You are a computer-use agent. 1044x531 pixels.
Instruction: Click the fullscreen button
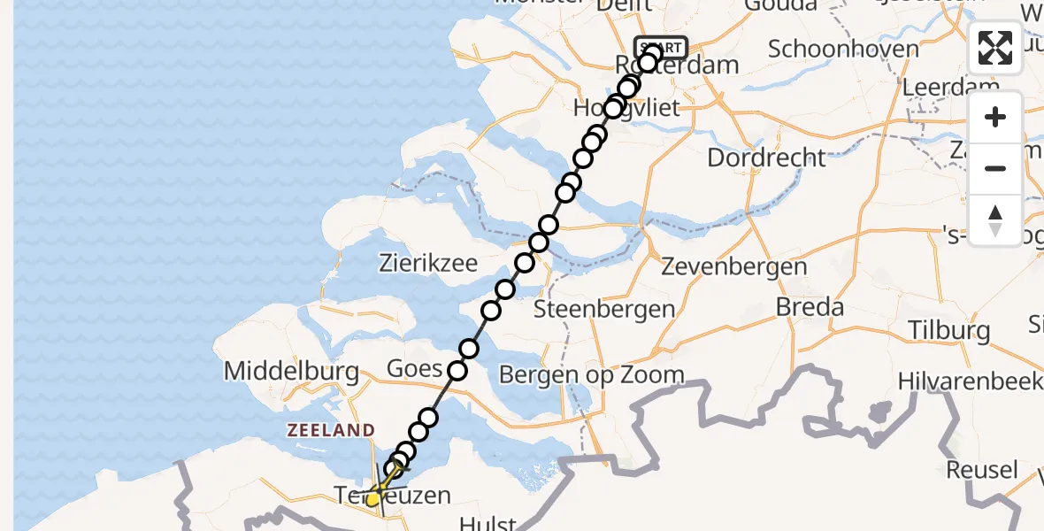(995, 48)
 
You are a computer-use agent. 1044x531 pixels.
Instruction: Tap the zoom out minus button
(995, 168)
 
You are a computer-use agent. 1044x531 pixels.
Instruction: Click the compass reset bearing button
(995, 219)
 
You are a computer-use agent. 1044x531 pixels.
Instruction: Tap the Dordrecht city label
(767, 158)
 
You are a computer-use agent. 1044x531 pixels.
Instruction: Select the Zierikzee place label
(428, 262)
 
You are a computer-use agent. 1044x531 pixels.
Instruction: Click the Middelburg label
(292, 370)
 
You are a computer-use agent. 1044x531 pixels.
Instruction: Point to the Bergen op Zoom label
(592, 374)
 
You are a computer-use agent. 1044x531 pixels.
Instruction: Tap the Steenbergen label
(604, 310)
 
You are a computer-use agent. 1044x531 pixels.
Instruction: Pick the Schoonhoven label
(843, 48)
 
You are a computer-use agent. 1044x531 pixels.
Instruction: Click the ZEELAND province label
(330, 430)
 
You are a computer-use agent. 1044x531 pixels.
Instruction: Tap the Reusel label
(981, 469)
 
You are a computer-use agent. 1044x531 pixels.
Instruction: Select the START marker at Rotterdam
(661, 48)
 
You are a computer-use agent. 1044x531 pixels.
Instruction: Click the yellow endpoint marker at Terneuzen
(373, 499)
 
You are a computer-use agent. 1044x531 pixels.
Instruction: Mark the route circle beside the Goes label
(457, 371)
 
